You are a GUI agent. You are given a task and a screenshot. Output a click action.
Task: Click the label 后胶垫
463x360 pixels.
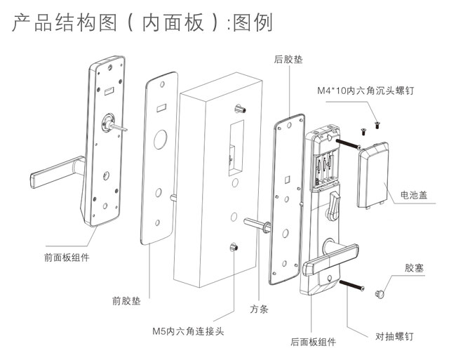point(288,61)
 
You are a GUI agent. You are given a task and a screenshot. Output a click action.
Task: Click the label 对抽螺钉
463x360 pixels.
point(394,336)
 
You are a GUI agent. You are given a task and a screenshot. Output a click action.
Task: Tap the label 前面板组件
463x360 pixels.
point(67,258)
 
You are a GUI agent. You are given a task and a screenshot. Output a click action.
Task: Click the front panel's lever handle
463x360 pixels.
point(55,168)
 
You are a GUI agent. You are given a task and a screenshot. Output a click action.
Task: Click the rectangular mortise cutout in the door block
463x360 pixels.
point(232,149)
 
